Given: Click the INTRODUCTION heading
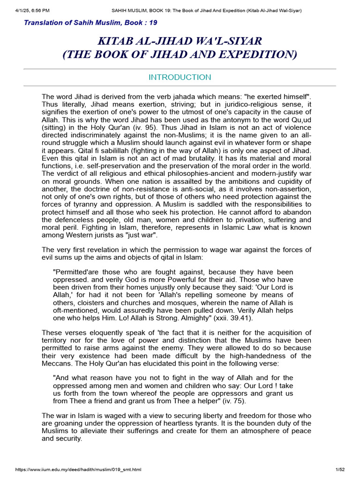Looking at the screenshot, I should click(x=180, y=77).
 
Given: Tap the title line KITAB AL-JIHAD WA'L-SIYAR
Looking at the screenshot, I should click(x=180, y=42).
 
